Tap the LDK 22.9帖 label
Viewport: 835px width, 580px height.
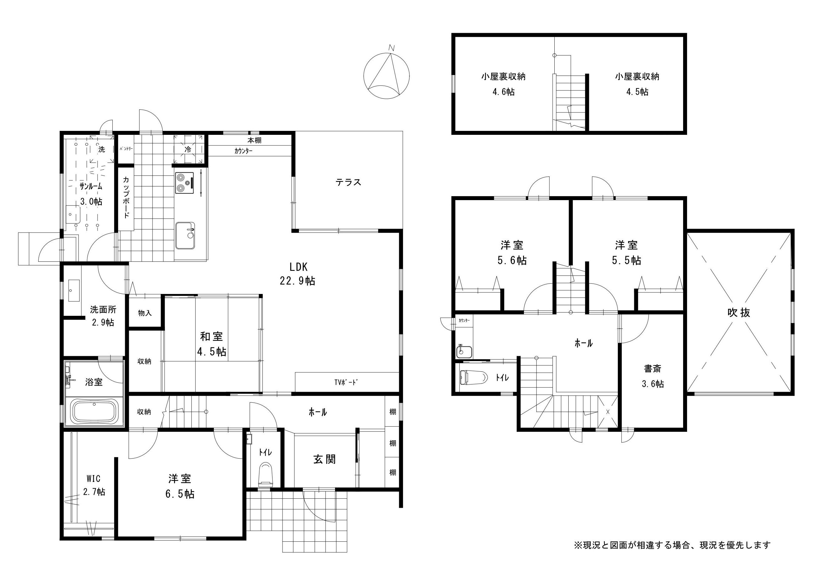point(297,274)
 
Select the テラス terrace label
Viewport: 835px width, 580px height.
point(348,182)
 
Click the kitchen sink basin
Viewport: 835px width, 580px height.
point(185,235)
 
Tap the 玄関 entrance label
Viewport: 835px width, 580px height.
point(324,459)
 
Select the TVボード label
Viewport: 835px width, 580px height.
point(346,382)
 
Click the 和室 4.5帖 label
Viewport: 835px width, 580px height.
point(212,344)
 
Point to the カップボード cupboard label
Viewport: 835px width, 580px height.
point(126,197)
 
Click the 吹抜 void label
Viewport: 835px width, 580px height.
point(739,312)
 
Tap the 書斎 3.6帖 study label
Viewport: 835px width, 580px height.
point(652,376)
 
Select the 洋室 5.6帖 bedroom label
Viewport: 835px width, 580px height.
point(512,253)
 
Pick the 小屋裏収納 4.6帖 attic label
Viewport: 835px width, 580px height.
point(504,84)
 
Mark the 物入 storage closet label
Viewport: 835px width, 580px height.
point(145,313)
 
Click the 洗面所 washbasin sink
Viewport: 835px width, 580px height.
point(74,290)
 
